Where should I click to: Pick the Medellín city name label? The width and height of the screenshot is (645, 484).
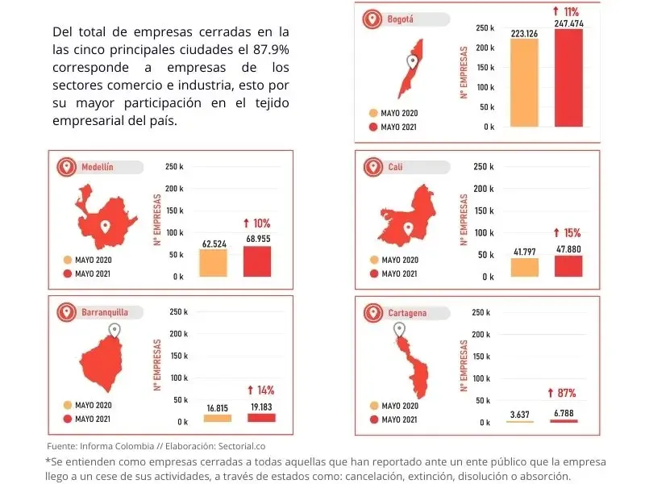pyautogui.click(x=97, y=168)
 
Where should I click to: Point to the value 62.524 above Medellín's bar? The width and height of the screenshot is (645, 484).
pyautogui.click(x=214, y=243)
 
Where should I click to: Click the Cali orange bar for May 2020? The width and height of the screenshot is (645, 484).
pyautogui.click(x=524, y=268)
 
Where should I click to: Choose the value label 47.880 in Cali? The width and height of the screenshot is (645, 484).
pyautogui.click(x=568, y=249)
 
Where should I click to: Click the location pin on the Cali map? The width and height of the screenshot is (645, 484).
pyautogui.click(x=408, y=228)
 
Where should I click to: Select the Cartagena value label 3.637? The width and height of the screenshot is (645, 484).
pyautogui.click(x=520, y=415)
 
